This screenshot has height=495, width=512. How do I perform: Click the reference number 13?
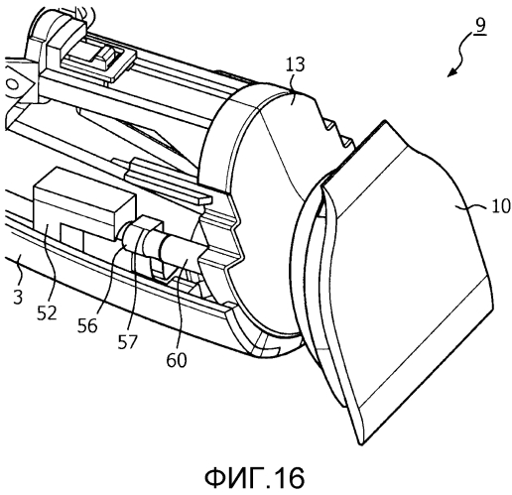295,64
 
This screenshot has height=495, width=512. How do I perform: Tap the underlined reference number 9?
479,25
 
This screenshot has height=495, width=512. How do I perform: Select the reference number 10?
501,206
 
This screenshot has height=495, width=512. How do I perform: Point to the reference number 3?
18,297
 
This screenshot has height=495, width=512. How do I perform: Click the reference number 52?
47,312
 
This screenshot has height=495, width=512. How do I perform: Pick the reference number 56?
87,325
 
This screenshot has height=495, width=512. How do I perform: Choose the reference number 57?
127,341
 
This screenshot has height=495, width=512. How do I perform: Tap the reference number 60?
177,360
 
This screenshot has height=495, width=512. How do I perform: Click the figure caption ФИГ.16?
254,477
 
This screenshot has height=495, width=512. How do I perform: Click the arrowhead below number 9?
452,71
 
